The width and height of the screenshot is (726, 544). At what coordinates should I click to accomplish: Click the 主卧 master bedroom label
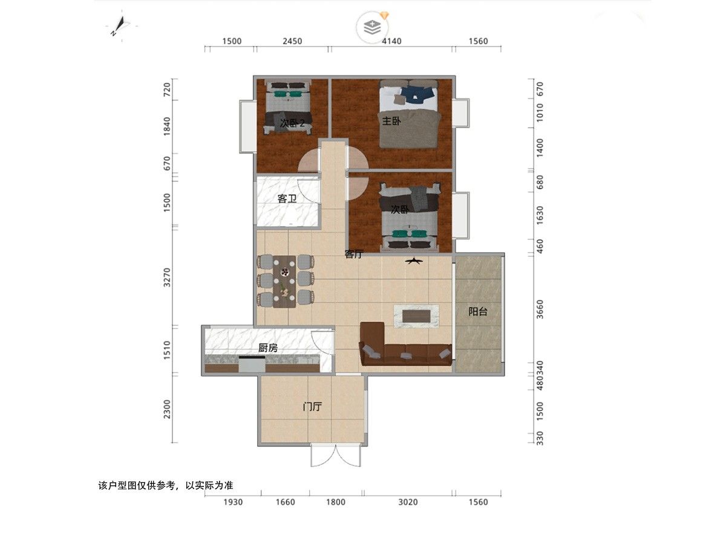(391, 121)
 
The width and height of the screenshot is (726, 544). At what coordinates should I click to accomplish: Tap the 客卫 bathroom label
(287, 198)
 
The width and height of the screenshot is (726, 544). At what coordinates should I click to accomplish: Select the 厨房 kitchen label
(267, 348)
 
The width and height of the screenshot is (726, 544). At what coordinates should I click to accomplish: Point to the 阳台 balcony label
(477, 311)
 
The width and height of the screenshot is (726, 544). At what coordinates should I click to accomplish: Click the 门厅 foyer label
(312, 406)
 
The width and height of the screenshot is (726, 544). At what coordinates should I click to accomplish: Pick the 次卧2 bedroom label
(292, 123)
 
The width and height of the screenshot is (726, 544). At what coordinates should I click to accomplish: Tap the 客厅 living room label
(354, 254)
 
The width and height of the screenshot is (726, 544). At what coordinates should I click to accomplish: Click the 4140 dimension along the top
(391, 41)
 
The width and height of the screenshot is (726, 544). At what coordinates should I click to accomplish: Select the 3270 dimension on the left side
(167, 277)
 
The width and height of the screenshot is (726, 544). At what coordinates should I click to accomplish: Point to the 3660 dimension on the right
(540, 309)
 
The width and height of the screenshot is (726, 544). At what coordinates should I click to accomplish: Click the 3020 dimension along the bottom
(408, 502)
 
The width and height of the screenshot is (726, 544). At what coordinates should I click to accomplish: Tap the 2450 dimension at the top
(292, 41)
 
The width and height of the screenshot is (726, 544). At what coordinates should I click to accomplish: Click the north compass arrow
(119, 26)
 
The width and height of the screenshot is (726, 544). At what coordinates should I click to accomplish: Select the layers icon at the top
(373, 27)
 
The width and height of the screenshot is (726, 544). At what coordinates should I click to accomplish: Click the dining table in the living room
(284, 282)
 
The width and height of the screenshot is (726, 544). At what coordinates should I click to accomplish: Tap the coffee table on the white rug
(416, 316)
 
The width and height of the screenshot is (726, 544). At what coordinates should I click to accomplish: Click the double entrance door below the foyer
(336, 455)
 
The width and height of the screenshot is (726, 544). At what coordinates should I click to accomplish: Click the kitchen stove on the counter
(252, 364)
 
